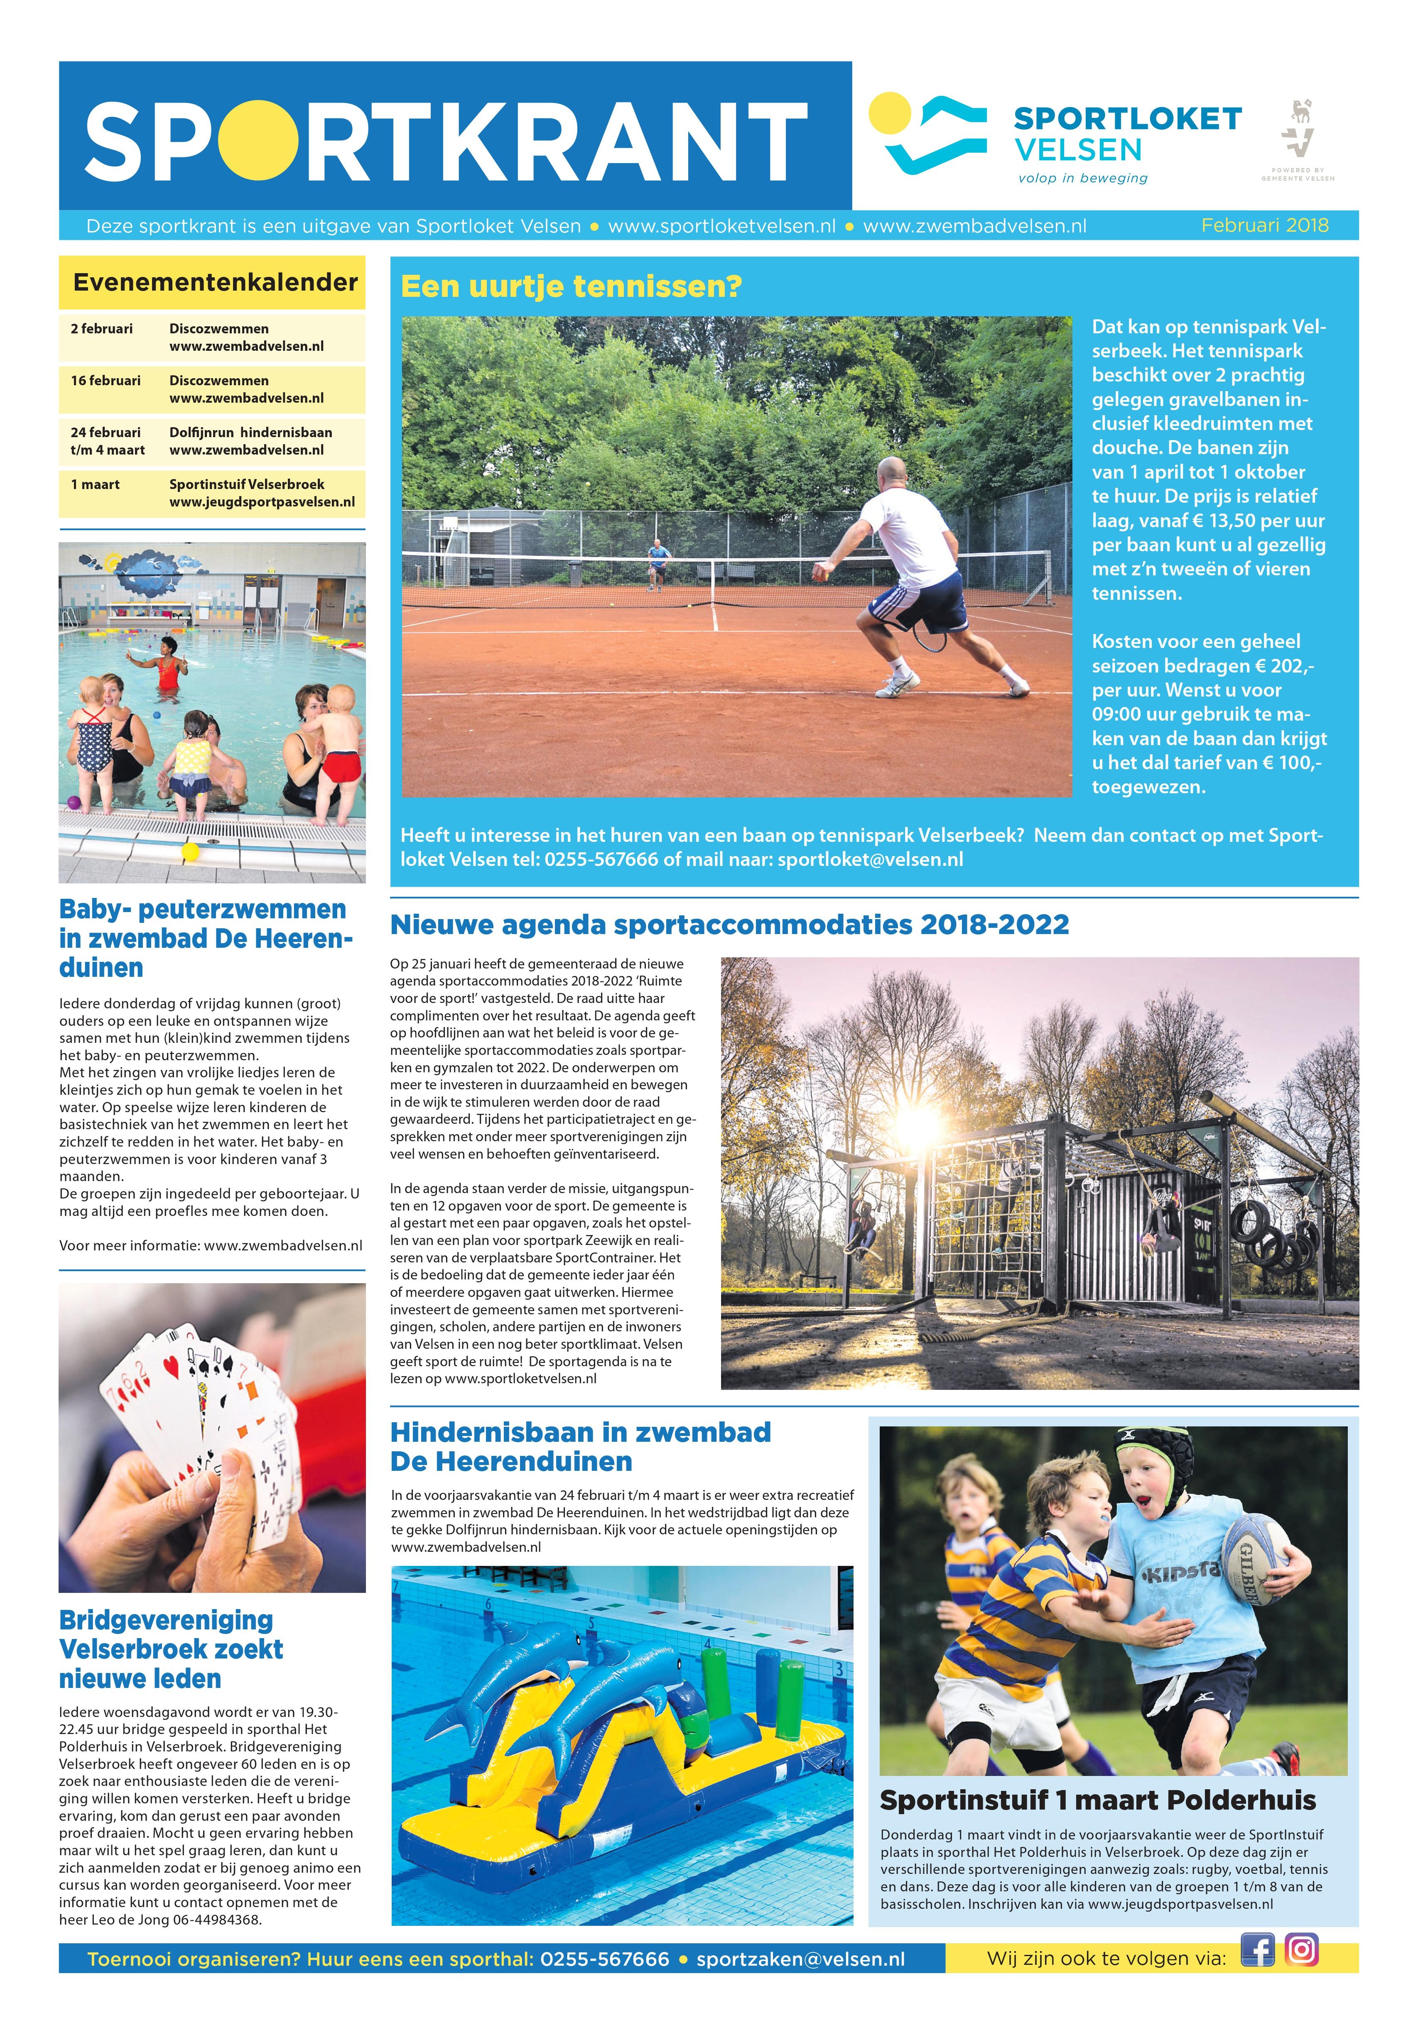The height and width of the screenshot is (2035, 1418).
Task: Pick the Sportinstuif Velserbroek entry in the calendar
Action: click(247, 484)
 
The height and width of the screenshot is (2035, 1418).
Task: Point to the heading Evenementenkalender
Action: click(215, 283)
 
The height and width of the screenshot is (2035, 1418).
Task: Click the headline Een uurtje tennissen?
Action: click(571, 287)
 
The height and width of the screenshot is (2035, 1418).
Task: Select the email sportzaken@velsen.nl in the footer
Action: click(800, 1959)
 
